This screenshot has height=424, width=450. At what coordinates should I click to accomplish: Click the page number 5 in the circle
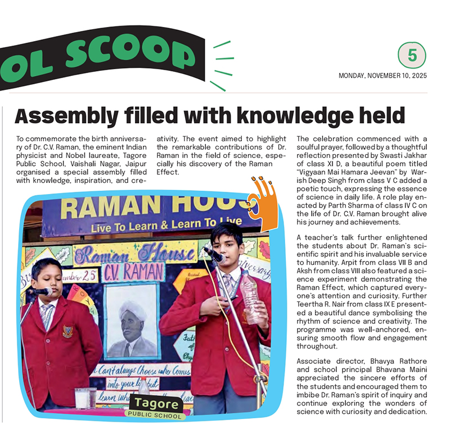tap(412, 56)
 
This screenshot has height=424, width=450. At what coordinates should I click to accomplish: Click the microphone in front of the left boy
tap(40, 291)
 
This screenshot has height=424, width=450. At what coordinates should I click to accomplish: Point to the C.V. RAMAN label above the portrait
tap(134, 273)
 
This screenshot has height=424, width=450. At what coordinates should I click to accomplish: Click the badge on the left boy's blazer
tap(67, 331)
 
